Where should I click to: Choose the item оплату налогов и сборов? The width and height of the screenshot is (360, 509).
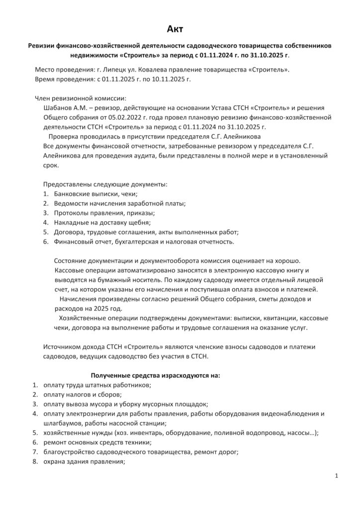click(x=79, y=394)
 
